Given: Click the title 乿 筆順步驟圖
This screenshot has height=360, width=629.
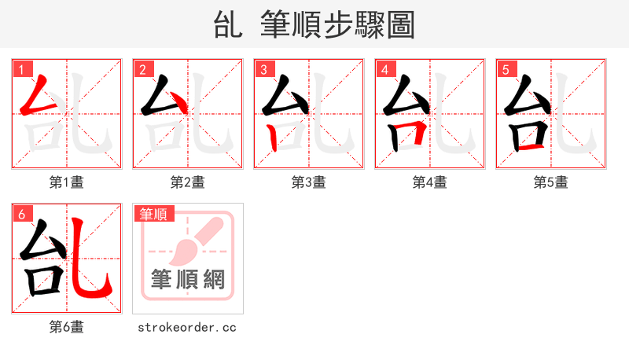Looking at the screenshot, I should coord(314,24).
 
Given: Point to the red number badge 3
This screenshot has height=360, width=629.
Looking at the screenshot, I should coord(263,70).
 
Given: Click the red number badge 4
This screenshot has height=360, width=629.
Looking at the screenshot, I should coord(384,70).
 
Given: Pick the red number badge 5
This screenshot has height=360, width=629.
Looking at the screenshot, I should coord(506,70).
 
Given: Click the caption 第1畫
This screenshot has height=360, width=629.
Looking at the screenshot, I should coord(67,182).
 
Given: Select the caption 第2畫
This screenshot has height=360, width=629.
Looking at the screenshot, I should coord(188,182).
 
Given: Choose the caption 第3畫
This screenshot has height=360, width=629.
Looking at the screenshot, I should coord(309,182).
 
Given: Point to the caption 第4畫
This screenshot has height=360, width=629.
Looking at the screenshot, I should coord(430,182).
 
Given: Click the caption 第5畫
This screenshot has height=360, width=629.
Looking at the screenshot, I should coord(551,182).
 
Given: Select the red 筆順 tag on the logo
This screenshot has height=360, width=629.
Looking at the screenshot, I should coord(153,214).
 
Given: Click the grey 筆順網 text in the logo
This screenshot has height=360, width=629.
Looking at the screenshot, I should coord(188,280).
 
